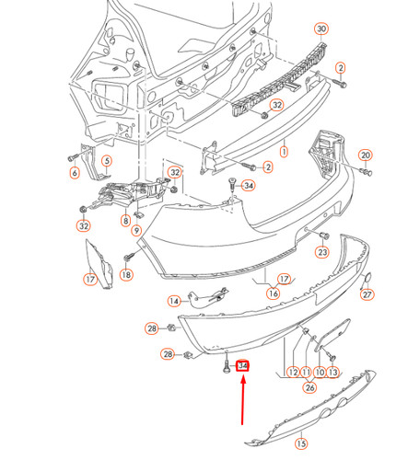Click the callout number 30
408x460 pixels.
click(321, 29)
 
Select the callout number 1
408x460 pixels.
click(285, 148)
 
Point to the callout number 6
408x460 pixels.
click(74, 172)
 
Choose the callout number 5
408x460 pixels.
click(106, 162)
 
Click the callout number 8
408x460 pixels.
click(125, 222)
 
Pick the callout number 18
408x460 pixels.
click(126, 274)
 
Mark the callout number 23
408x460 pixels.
click(322, 252)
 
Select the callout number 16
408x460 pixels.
click(273, 293)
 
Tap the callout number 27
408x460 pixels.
click(367, 294)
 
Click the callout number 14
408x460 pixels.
click(174, 301)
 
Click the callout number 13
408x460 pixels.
click(332, 373)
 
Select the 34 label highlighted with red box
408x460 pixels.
click(244, 366)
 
